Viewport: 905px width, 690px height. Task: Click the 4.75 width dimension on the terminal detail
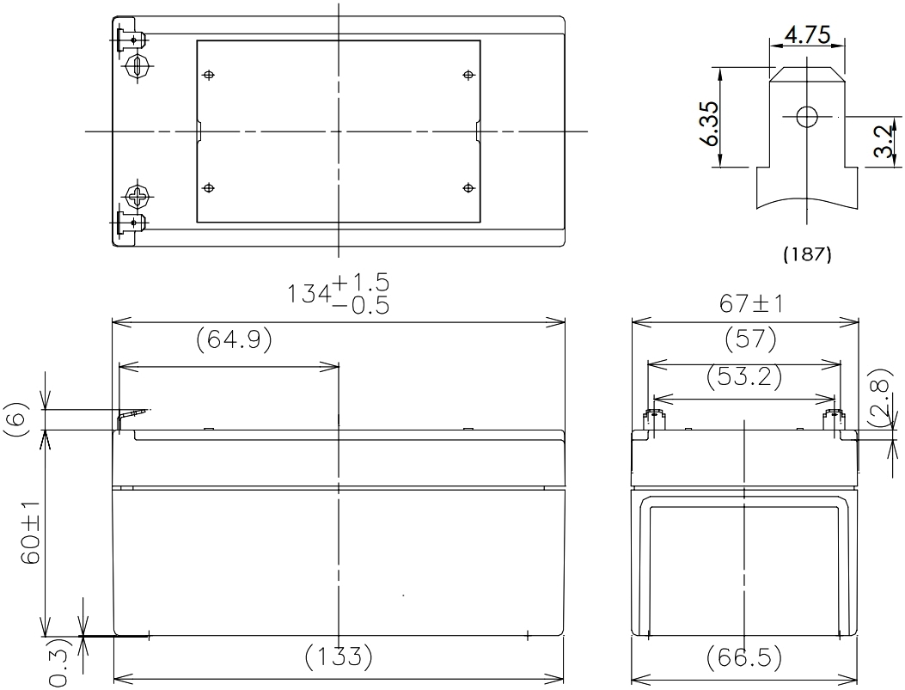(807, 37)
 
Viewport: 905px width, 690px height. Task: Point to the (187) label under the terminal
(806, 255)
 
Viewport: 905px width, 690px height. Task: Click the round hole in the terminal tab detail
(807, 117)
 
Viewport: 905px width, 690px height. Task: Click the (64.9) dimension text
(235, 341)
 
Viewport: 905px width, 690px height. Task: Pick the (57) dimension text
(745, 341)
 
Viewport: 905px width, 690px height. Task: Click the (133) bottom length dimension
(339, 657)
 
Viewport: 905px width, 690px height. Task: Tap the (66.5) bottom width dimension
(744, 657)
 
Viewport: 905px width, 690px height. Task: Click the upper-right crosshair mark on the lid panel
(468, 76)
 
